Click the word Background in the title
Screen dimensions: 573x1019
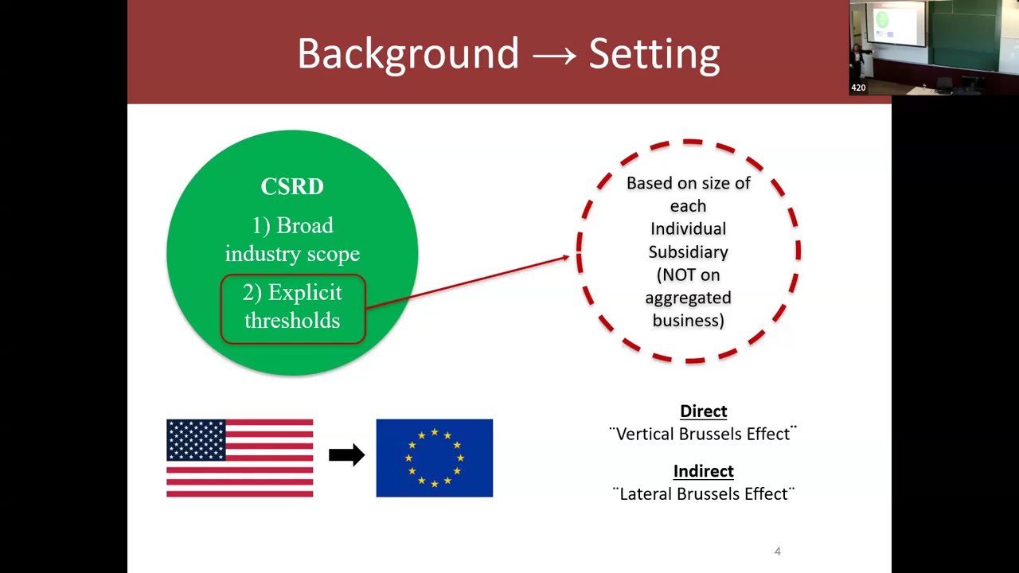click(x=408, y=54)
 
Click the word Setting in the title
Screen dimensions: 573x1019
click(x=654, y=54)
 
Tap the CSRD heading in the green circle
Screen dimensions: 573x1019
click(x=292, y=186)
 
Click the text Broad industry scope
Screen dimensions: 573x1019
click(x=292, y=240)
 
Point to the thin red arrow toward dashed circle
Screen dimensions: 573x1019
click(x=470, y=280)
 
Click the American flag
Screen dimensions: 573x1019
click(x=240, y=458)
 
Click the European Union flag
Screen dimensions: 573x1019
click(x=434, y=458)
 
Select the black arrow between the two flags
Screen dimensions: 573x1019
click(x=346, y=455)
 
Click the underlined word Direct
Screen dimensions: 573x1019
click(x=703, y=411)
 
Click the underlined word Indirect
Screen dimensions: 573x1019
click(x=703, y=471)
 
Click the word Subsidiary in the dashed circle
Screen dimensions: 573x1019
click(x=688, y=251)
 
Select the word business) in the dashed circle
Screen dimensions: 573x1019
click(x=688, y=320)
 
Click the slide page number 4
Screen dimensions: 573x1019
click(x=778, y=551)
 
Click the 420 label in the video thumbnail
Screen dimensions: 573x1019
click(x=858, y=88)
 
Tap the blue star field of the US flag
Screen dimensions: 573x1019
click(x=196, y=440)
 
